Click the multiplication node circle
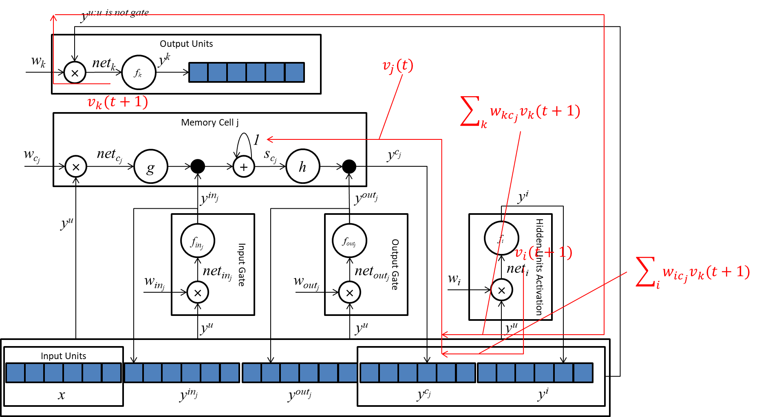coord(76,167)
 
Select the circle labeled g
coord(151,167)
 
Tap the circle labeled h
coord(303,167)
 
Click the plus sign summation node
coord(244,167)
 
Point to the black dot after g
coord(198,166)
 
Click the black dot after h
coord(349,166)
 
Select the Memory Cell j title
coord(210,122)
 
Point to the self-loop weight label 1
coord(256,140)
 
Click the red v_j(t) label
coord(398,66)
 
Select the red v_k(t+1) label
coord(117,102)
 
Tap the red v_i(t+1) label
coord(543,253)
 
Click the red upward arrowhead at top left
coord(53,18)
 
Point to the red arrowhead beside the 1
coord(270,139)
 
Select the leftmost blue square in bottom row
coord(15,373)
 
